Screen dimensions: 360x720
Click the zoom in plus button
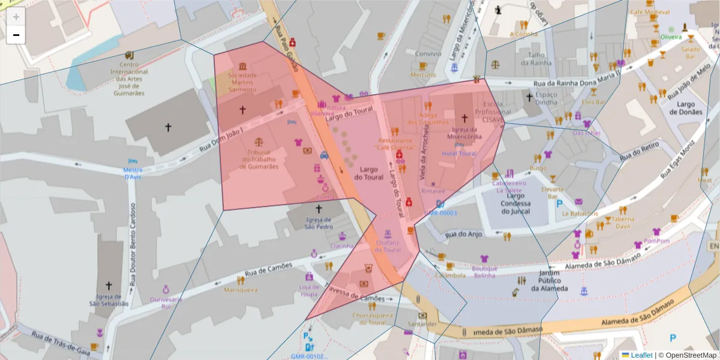click(x=16, y=17)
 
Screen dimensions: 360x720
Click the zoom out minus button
click(x=16, y=35)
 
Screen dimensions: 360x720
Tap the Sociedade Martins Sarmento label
click(x=242, y=82)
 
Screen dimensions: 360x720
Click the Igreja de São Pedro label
click(x=319, y=223)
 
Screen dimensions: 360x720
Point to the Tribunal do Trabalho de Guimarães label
click(x=259, y=160)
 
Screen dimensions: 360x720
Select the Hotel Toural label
click(x=459, y=154)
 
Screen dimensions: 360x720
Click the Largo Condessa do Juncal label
click(x=515, y=203)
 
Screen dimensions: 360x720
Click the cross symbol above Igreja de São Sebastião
click(x=109, y=286)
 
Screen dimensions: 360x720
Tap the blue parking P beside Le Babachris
click(x=559, y=204)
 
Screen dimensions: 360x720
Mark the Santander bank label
click(x=424, y=324)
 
